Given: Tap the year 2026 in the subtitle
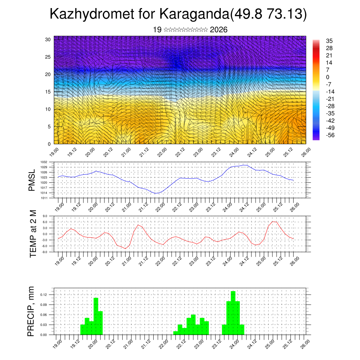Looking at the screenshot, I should pos(218,30).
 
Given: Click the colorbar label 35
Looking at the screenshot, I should pos(329,41).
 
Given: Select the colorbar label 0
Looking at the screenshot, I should pos(328,77).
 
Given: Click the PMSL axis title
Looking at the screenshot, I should pos(32,180).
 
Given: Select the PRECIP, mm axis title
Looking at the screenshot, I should pos(31,311).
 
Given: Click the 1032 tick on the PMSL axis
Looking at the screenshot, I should pos(50,162).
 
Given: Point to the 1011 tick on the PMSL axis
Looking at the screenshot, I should pos(50,198).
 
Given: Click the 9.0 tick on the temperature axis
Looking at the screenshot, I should pos(50,216).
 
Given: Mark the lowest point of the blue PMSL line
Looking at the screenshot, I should pos(156,193).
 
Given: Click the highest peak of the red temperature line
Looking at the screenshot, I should pos(274,221).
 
